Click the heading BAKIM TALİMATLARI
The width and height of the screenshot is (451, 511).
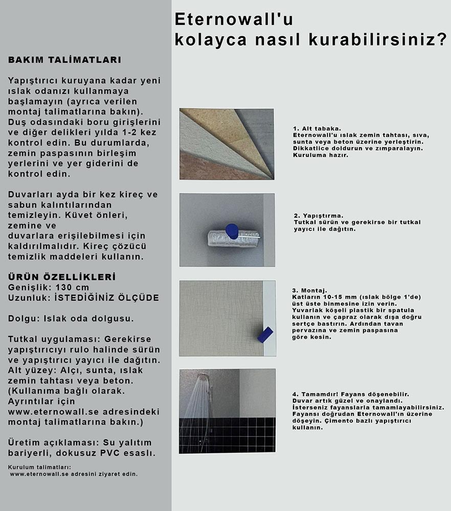point(64,60)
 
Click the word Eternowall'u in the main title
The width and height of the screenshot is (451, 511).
point(234,19)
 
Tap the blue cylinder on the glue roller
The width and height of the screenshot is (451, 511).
point(232,230)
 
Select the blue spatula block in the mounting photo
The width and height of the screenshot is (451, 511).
point(265,335)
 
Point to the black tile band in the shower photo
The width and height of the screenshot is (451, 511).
point(227,434)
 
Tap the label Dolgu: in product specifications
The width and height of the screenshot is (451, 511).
point(22,318)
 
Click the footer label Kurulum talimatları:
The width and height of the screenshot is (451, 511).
point(40,467)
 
